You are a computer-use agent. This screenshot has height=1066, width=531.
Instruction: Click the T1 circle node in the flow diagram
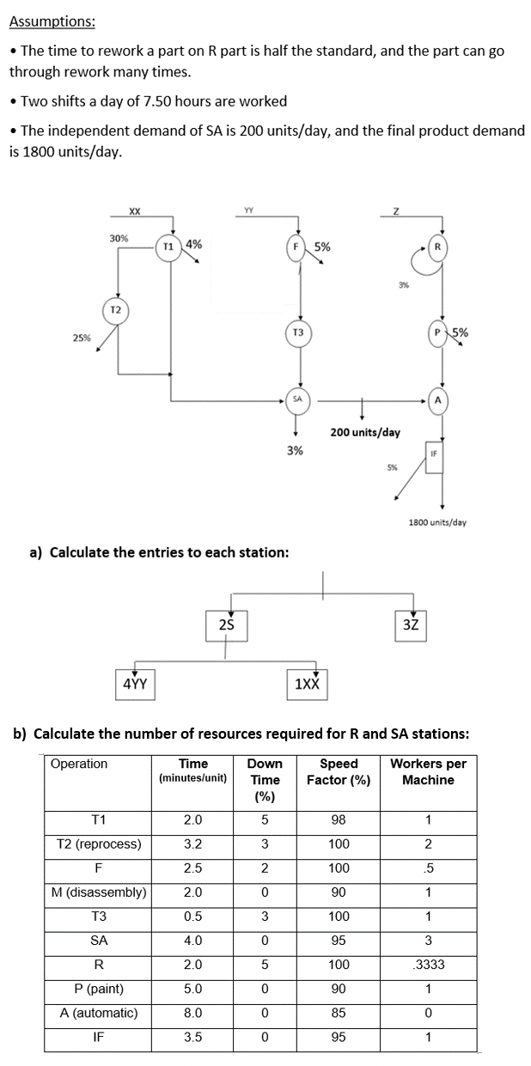coord(169,246)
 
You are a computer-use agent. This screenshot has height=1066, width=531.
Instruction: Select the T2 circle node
coord(116,309)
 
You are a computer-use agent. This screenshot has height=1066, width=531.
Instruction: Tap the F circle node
coord(300,247)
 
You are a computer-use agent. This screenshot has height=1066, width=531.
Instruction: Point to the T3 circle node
coord(298,332)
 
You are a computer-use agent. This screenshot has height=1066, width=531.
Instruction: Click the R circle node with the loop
coord(438,247)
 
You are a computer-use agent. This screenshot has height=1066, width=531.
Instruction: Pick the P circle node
coord(439,332)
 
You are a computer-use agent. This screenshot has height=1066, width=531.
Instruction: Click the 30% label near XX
coord(119,238)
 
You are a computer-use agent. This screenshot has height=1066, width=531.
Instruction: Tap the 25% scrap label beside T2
coord(82,338)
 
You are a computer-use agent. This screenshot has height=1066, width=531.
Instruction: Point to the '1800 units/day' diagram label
coord(437,521)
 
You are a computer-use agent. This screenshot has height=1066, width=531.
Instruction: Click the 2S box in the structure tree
coord(227,624)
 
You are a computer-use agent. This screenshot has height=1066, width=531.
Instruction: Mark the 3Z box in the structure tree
coord(411,624)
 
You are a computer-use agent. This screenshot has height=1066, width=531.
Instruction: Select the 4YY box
coord(135,684)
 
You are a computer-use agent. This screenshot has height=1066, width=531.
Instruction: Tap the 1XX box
coord(307,684)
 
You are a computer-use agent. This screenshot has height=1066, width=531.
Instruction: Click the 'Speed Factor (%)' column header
coord(339,771)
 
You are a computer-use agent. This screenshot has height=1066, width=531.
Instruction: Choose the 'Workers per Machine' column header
coord(428,771)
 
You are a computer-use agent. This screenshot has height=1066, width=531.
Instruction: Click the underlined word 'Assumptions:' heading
coord(52,21)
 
